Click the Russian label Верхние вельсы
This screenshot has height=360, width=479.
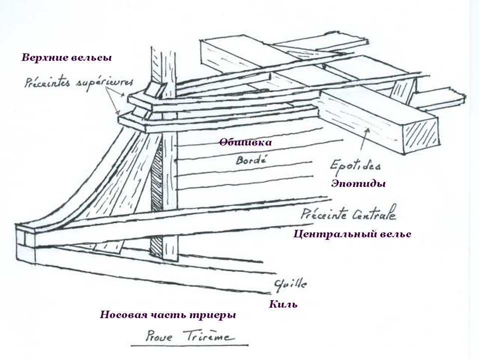(66, 57)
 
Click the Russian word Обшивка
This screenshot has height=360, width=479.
(245, 142)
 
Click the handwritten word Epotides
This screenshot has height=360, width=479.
(355, 165)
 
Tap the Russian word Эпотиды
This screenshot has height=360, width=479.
(358, 183)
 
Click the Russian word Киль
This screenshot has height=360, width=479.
(283, 304)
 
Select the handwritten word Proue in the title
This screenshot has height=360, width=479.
(159, 337)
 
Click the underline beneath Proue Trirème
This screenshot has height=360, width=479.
(190, 346)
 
